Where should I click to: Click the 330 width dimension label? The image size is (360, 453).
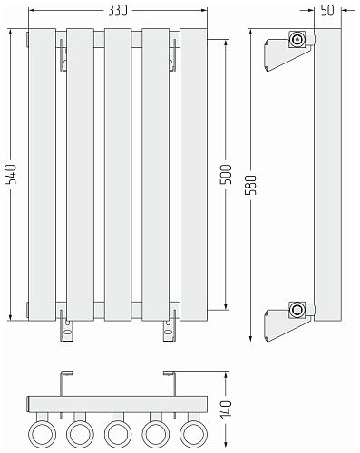pyautogui.click(x=118, y=11)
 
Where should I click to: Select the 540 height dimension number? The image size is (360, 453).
pyautogui.click(x=12, y=174)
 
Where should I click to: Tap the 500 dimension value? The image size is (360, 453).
pyautogui.click(x=227, y=174)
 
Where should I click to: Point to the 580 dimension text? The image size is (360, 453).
pyautogui.click(x=251, y=185)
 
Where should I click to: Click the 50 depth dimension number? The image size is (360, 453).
pyautogui.click(x=327, y=11)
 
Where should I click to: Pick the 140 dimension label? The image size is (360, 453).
pyautogui.click(x=227, y=410)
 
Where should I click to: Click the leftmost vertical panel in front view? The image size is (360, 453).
pyautogui.click(x=43, y=175)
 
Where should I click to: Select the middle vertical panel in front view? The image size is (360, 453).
pyautogui.click(x=118, y=175)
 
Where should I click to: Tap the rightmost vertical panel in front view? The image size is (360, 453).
pyautogui.click(x=193, y=175)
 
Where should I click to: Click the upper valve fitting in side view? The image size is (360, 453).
pyautogui.click(x=297, y=39)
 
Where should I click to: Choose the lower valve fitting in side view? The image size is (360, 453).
pyautogui.click(x=297, y=310)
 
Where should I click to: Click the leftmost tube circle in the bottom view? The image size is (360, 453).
pyautogui.click(x=43, y=434)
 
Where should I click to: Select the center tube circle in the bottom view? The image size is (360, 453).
pyautogui.click(x=118, y=434)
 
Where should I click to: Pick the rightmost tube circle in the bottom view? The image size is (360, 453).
pyautogui.click(x=193, y=434)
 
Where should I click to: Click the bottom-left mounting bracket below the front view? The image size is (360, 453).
pyautogui.click(x=66, y=331)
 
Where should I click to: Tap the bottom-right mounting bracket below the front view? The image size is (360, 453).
pyautogui.click(x=170, y=331)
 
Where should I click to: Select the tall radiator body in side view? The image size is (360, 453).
pyautogui.click(x=328, y=175)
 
